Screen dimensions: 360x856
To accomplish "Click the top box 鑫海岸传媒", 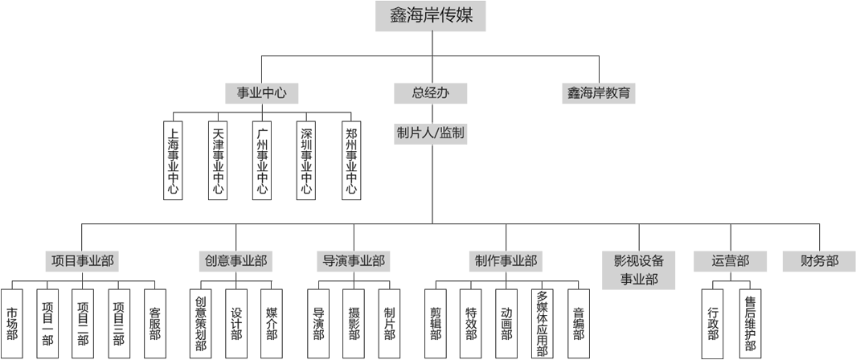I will (x=431, y=16).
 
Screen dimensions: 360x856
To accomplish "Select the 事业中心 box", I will (x=261, y=93).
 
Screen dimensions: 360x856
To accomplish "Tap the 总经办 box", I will (x=430, y=93).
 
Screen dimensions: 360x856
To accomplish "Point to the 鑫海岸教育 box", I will (x=599, y=93).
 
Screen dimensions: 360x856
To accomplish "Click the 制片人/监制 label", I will (x=430, y=133).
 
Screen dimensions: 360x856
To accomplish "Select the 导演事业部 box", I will (x=354, y=261).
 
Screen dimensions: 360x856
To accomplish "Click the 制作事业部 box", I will (x=506, y=261).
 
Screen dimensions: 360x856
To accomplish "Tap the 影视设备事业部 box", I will (x=639, y=270).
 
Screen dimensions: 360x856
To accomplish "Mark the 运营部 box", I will (x=731, y=261).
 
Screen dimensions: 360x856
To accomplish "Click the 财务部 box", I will (x=819, y=261).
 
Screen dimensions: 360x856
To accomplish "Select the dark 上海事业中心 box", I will (x=173, y=161).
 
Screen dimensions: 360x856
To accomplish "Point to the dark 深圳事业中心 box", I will (x=305, y=161).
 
